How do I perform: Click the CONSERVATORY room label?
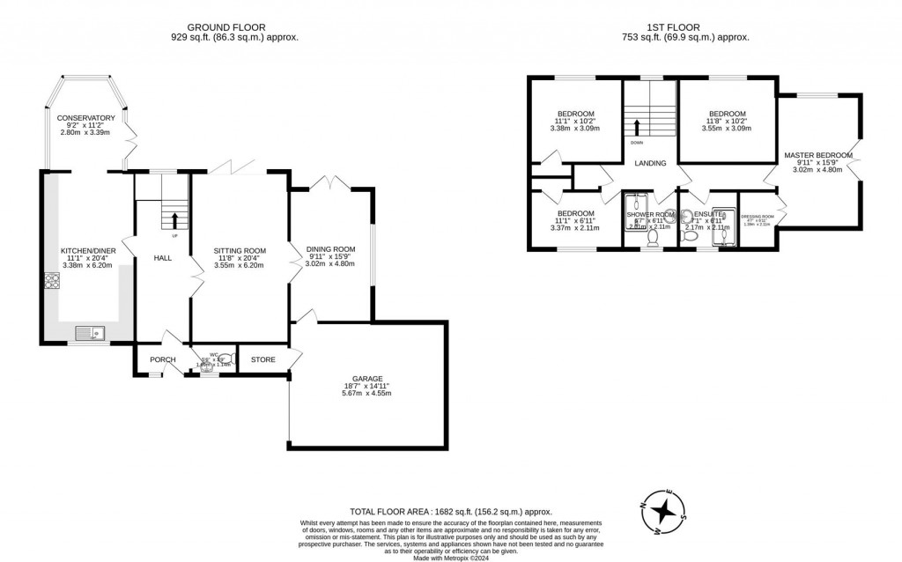point(86,118)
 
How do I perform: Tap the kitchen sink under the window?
point(90,333)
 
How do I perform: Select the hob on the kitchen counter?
point(51,282)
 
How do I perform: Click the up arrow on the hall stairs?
point(174,220)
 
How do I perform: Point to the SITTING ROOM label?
point(233,251)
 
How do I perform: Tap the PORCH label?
point(163,359)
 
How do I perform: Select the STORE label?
point(263,359)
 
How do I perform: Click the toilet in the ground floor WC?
point(225,359)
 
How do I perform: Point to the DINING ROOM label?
point(330,249)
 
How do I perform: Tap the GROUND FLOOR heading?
point(234,27)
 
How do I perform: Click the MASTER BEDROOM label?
point(818,156)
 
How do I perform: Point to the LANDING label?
point(651,163)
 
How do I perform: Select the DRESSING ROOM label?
point(757,217)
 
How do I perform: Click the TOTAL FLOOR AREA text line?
point(450,511)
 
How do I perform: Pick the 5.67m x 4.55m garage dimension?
point(366,393)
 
